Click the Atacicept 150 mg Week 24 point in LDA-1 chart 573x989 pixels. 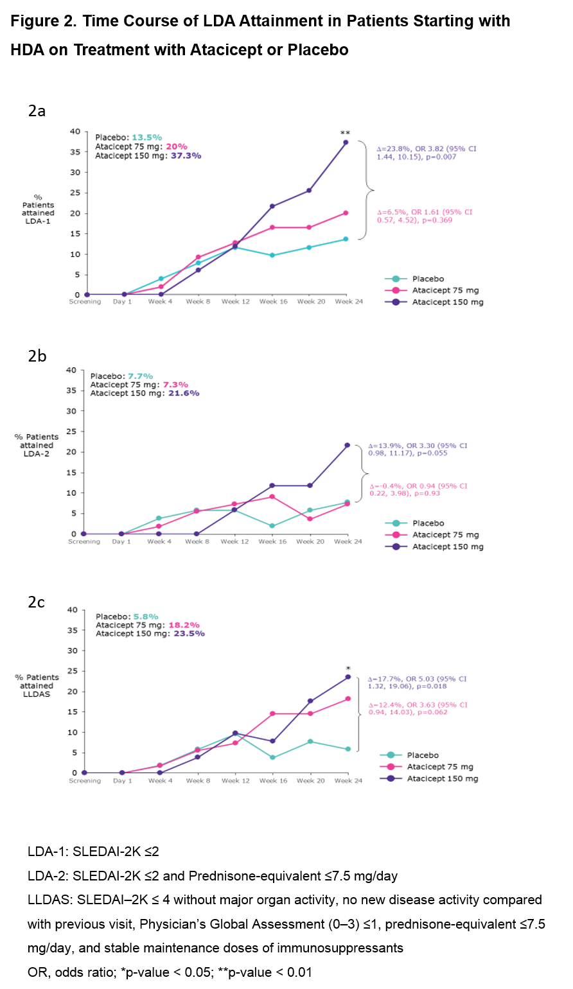[x=346, y=142]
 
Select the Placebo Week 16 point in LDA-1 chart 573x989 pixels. [x=272, y=255]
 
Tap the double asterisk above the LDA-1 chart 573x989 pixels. [x=345, y=133]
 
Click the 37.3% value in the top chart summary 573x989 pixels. [x=186, y=155]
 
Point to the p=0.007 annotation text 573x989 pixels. [x=439, y=157]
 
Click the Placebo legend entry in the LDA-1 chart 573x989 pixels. [x=427, y=279]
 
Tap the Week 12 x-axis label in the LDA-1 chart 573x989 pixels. [x=234, y=302]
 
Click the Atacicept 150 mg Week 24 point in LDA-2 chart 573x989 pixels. [x=348, y=445]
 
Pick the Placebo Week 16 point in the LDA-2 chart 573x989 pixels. [x=272, y=526]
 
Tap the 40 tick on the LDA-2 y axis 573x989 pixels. [x=71, y=370]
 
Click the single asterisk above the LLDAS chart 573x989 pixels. [x=348, y=668]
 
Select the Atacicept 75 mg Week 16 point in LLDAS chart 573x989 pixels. [x=272, y=713]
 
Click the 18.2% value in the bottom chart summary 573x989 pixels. [x=184, y=625]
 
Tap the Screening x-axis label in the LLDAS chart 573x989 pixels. [x=85, y=781]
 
